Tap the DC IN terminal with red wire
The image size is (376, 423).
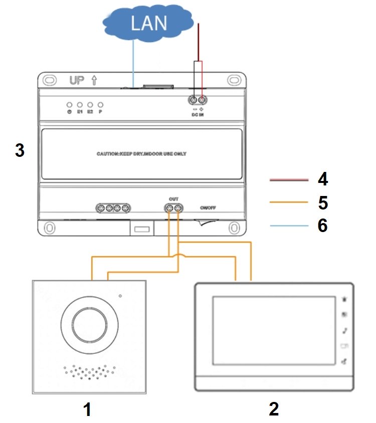coord(202,100)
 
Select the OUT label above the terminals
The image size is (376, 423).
coord(173,198)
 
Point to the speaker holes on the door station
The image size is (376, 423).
coord(89,372)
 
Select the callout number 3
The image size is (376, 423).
coord(20,151)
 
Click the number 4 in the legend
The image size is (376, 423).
coord(323,179)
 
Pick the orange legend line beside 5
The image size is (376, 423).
coord(288,203)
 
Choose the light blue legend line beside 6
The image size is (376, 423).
coord(288,226)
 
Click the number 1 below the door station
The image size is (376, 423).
coord(87,410)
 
